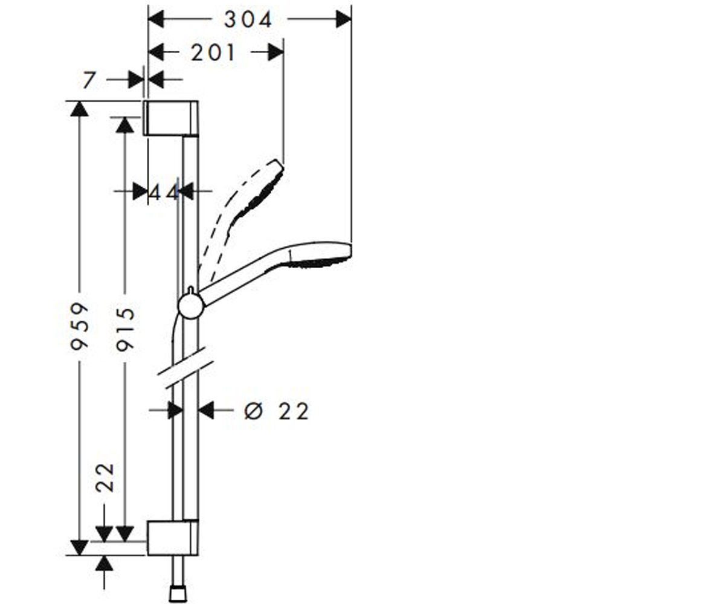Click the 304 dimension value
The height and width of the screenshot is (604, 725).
tap(248, 19)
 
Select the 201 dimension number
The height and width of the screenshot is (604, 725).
tap(213, 53)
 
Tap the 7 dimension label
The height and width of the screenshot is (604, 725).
tap(89, 80)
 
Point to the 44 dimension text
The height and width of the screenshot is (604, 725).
tap(164, 192)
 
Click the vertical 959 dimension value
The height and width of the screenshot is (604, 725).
tap(79, 326)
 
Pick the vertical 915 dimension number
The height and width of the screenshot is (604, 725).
tap(125, 329)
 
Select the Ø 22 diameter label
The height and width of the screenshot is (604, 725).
tap(276, 412)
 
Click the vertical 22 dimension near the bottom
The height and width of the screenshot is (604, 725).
tap(105, 478)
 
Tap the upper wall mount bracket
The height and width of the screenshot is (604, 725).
tap(172, 118)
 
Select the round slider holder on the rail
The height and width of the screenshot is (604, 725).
tap(191, 306)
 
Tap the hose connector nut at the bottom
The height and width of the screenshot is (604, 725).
tap(178, 594)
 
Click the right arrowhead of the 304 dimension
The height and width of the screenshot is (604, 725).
tap(344, 19)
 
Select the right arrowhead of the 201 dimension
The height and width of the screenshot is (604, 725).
tap(276, 53)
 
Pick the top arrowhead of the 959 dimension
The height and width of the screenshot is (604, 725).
tap(80, 109)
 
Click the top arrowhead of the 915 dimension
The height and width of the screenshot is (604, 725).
tap(125, 125)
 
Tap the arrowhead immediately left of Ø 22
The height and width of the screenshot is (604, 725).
tap(206, 410)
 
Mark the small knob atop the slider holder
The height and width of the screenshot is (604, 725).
tap(191, 291)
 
